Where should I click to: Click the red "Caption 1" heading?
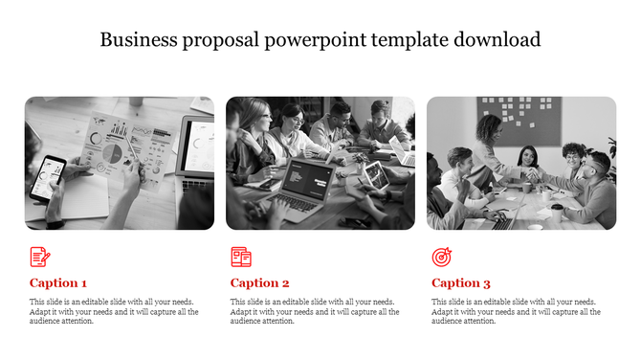point(58,282)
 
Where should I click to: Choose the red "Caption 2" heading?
point(259,282)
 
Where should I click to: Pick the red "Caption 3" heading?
point(460,282)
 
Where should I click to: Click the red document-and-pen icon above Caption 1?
point(39,257)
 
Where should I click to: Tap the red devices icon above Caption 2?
point(240,257)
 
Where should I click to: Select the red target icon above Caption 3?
point(441,257)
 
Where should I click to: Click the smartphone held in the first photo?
point(47,176)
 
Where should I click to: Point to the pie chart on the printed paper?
point(109,150)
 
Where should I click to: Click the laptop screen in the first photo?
point(199,144)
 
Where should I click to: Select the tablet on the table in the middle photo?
point(374,175)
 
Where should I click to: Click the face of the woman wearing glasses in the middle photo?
point(293,121)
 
